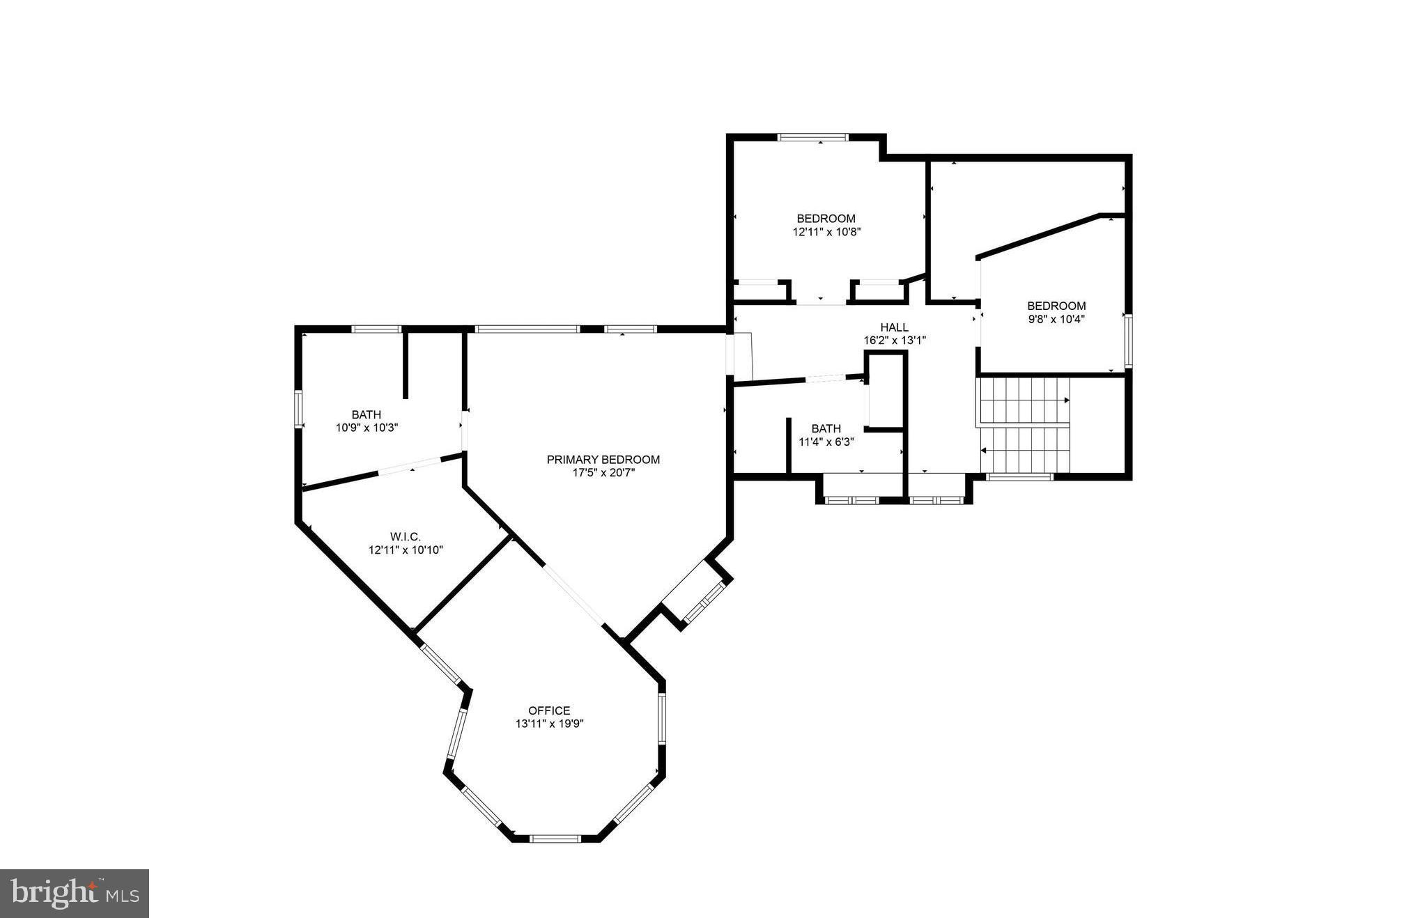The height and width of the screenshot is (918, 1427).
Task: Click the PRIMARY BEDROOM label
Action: (x=603, y=460)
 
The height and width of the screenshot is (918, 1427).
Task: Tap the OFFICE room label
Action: (x=549, y=710)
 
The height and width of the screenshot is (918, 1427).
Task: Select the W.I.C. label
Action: (x=406, y=536)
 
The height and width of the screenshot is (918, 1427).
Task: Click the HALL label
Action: (x=894, y=327)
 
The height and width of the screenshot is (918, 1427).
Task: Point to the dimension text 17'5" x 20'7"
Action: (x=603, y=473)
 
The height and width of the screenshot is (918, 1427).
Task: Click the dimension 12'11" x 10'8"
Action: (x=826, y=232)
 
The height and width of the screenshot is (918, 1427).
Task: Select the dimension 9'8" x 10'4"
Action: (x=1056, y=319)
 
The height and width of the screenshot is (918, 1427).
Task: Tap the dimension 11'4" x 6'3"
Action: (x=826, y=442)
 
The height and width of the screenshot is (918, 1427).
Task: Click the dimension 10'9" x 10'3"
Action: (x=367, y=428)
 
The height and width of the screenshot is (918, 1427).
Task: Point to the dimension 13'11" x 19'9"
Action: (x=549, y=724)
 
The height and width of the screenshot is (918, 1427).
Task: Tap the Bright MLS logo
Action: (x=75, y=893)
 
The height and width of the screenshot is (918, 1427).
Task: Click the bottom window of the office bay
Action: (x=555, y=839)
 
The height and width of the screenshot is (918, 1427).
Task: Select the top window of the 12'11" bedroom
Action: (x=812, y=137)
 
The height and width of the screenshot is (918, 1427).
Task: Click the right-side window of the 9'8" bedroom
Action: (x=1128, y=341)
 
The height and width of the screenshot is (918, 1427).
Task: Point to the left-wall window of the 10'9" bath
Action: (x=298, y=409)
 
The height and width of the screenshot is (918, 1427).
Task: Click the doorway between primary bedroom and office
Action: (x=574, y=594)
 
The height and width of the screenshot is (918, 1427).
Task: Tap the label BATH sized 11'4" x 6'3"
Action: (x=826, y=428)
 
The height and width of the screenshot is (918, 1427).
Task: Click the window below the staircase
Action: (x=1019, y=477)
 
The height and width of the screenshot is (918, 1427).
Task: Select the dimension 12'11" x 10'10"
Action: (x=406, y=550)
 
